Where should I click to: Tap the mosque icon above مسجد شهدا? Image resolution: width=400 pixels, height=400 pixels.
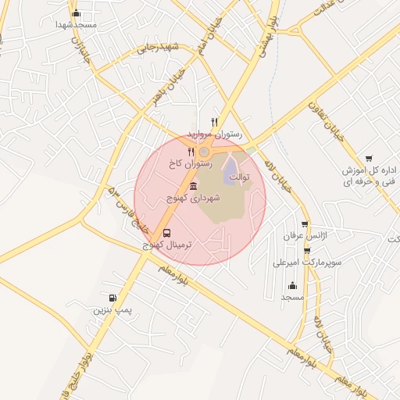point(76,13)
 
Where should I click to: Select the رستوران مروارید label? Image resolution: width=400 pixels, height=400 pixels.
point(216,134)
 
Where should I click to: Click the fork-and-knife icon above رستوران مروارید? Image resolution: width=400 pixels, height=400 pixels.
point(215,122)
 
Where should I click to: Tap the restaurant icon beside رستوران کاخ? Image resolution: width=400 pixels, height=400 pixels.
point(191,152)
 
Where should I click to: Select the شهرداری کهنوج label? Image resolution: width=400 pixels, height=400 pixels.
point(193,198)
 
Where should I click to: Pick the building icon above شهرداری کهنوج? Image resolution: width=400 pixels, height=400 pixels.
point(193,186)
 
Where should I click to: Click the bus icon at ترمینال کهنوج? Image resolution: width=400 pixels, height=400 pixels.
point(167,233)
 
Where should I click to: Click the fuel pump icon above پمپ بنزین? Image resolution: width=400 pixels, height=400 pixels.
point(113,298)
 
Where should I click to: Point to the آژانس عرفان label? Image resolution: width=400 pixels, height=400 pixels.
point(306,235)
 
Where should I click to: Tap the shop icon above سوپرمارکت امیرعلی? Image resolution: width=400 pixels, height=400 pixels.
point(306,251)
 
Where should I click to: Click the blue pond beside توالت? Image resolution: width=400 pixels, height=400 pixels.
point(232,175)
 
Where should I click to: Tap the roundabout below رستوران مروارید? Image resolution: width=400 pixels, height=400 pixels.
point(204,151)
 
